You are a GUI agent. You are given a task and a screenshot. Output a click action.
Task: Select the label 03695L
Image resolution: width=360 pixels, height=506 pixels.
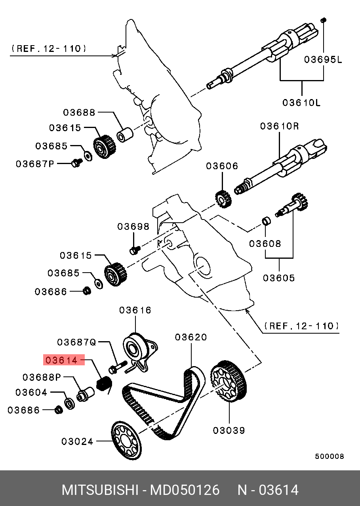323,60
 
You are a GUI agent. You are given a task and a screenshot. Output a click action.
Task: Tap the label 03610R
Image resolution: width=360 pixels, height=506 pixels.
279,126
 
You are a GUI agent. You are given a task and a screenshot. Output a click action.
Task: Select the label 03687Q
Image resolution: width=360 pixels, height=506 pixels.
76,342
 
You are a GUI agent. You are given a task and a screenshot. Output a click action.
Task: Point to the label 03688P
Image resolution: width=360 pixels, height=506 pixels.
42,377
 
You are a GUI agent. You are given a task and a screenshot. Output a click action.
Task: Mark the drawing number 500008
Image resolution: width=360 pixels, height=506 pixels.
330,456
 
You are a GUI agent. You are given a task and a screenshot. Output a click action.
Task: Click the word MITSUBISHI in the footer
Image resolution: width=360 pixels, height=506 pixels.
99,490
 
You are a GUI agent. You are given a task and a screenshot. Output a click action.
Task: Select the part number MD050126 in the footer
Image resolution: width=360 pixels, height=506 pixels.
184,490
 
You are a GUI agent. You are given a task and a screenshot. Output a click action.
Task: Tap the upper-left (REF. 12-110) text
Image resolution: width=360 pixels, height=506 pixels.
48,49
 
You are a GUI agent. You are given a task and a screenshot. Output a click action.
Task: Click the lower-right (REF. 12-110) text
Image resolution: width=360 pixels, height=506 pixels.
301,326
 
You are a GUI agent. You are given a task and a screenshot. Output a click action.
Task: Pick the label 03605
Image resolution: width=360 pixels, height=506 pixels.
279,278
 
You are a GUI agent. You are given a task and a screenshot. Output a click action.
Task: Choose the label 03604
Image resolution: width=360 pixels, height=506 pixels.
31,393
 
